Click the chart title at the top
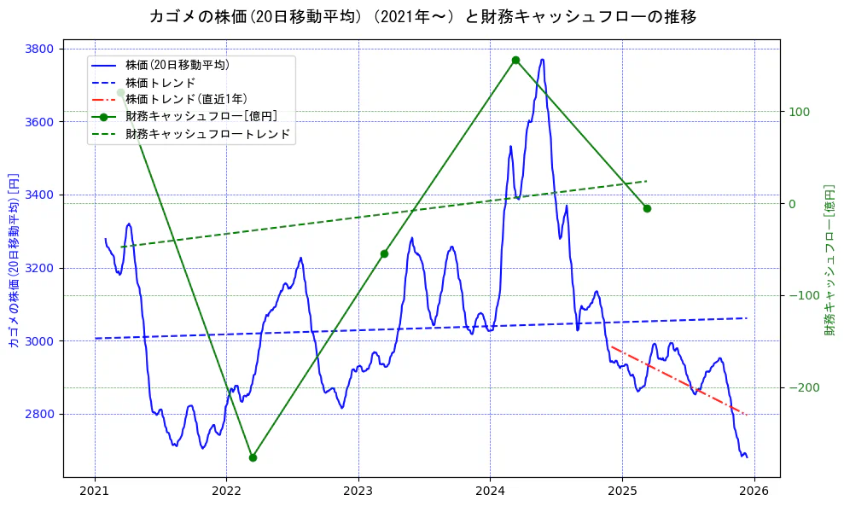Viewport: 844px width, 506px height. click(x=422, y=16)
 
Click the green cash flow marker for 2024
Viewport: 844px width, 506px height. click(x=515, y=61)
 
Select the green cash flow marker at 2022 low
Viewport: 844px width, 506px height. click(x=253, y=457)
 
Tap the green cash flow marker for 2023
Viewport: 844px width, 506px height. click(x=384, y=253)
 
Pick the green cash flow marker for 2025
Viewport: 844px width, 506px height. click(x=647, y=208)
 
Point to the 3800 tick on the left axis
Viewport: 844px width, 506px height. click(x=40, y=49)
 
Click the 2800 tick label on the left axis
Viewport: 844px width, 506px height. click(x=40, y=414)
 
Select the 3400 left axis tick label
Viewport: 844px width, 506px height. click(x=40, y=195)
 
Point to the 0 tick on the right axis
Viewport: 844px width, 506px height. click(x=791, y=203)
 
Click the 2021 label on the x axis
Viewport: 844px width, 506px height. click(x=95, y=491)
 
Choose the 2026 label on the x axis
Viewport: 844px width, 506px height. click(x=754, y=491)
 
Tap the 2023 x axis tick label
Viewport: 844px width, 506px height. click(x=358, y=491)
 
